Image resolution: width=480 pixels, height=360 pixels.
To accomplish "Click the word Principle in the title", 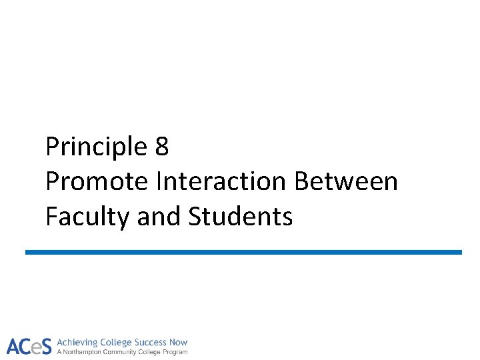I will click(x=96, y=147).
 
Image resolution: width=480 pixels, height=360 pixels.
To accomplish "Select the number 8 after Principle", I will click(x=161, y=147).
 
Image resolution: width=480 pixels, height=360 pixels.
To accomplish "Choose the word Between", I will click(x=346, y=181).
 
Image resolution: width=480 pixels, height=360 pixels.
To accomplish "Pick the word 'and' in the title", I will click(x=159, y=216).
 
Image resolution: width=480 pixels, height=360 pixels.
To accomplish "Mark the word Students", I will click(x=241, y=216).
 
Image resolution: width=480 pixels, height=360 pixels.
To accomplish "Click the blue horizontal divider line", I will click(x=243, y=252).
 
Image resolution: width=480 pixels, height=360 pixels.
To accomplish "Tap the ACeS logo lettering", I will click(x=29, y=346).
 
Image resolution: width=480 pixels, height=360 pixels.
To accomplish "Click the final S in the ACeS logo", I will click(x=46, y=346).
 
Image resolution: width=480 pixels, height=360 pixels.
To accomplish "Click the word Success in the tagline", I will click(x=149, y=342).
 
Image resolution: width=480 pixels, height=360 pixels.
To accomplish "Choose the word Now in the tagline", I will click(x=179, y=342).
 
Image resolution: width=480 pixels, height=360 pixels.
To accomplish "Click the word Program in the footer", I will click(x=175, y=352).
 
